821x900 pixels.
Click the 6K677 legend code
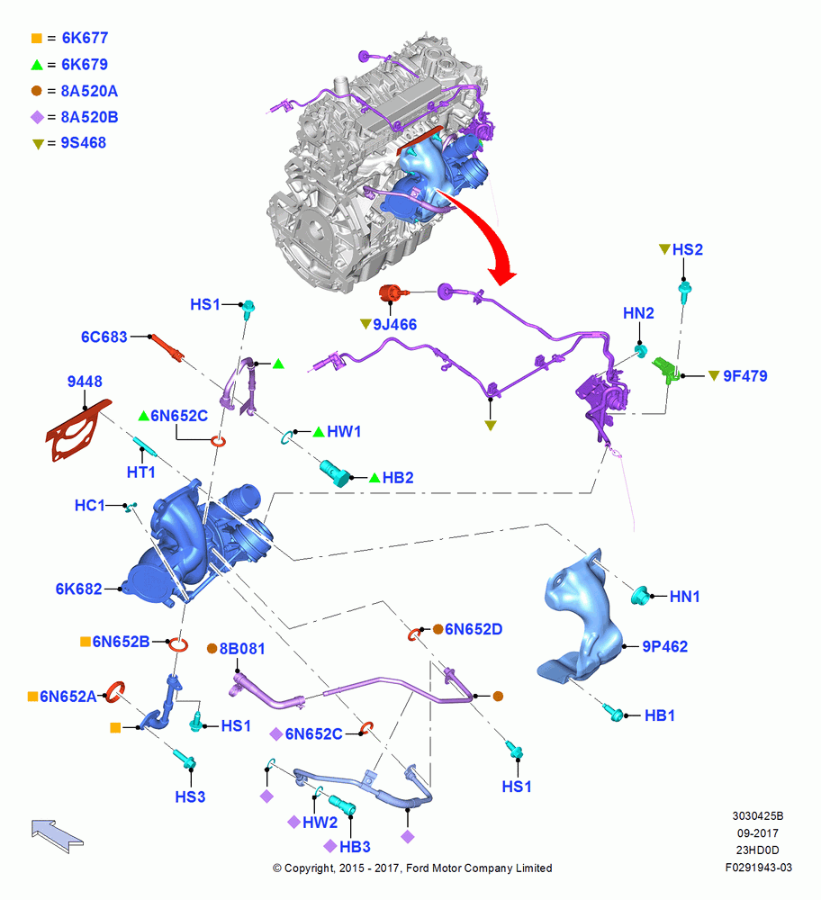(x=85, y=38)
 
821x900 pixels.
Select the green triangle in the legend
(x=37, y=65)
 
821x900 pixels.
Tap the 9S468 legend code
(x=84, y=143)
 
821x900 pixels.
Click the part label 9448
(x=85, y=382)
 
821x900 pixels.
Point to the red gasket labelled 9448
(x=77, y=430)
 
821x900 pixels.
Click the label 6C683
(x=104, y=337)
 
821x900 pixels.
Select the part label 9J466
(x=395, y=325)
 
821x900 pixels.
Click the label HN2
(x=638, y=313)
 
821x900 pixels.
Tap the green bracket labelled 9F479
(x=666, y=369)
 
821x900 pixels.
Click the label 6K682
(x=78, y=589)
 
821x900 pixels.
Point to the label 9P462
(x=665, y=647)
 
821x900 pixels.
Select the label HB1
(x=660, y=715)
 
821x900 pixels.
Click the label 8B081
(x=242, y=649)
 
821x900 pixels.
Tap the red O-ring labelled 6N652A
(x=115, y=692)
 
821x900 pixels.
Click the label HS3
(x=190, y=797)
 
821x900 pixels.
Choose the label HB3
(x=355, y=847)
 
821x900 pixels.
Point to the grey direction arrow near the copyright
(x=57, y=836)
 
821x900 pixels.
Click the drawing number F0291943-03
(x=758, y=868)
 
